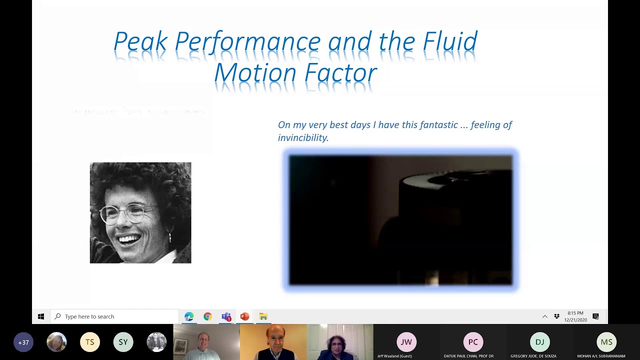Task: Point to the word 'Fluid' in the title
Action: tap(450, 42)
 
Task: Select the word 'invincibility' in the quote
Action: tap(302, 138)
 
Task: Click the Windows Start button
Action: tap(41, 316)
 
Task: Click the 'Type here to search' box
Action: tap(115, 316)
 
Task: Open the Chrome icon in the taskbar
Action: tap(207, 316)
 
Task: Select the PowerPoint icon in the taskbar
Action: tap(244, 316)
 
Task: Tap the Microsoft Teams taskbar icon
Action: tap(226, 316)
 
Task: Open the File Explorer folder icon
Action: tap(263, 316)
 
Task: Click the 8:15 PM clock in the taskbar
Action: tap(575, 316)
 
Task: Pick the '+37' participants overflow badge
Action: tap(23, 342)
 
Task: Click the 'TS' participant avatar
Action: tap(90, 342)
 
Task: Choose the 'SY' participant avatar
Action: tap(123, 342)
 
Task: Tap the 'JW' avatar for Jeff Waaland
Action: tap(406, 342)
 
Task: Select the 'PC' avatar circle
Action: tap(473, 342)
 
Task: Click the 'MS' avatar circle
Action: tap(606, 342)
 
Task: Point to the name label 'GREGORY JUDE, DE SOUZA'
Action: tap(533, 356)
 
